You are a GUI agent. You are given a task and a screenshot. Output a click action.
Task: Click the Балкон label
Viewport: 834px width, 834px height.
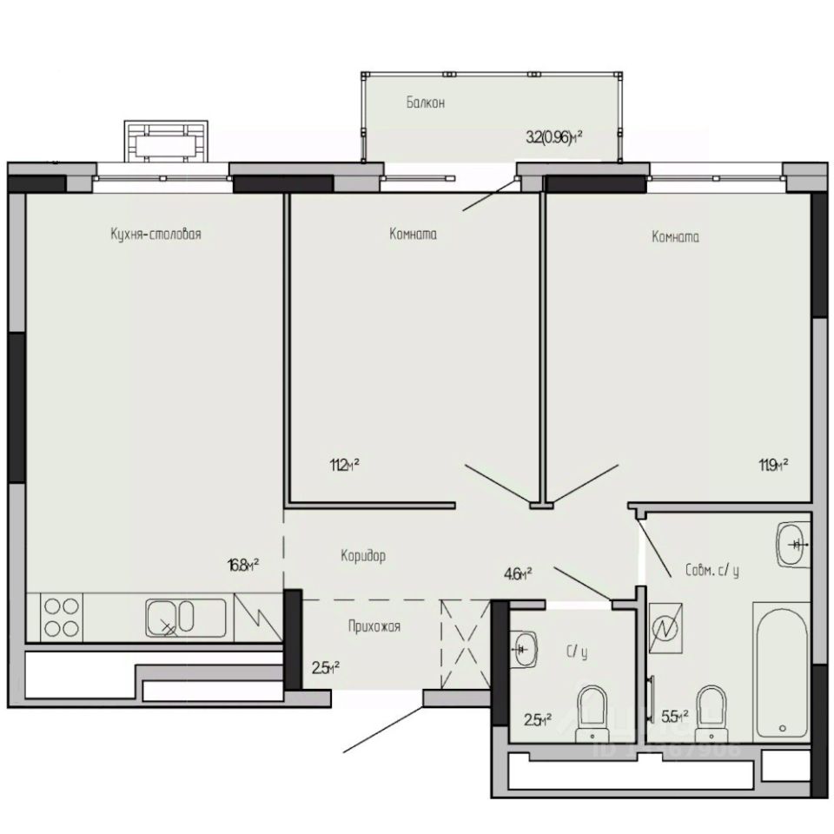click(425, 103)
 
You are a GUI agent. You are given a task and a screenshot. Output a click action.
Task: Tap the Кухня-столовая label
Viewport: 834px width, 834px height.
click(156, 234)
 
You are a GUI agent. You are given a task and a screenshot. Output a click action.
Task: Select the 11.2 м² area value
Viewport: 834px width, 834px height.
click(344, 466)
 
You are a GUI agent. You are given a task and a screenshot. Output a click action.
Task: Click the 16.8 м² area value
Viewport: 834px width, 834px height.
click(243, 566)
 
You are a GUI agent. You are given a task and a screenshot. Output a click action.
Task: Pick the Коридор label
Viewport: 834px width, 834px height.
click(362, 555)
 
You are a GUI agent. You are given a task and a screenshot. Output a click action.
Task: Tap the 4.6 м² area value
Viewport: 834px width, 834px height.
click(517, 573)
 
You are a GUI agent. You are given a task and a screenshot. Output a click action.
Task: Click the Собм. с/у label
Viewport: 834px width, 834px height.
click(712, 571)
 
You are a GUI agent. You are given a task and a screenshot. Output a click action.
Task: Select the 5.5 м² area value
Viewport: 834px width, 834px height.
click(675, 717)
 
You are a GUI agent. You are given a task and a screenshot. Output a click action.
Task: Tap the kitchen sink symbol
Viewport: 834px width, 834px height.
click(186, 617)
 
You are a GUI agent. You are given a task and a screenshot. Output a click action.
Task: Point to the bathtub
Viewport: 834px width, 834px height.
click(782, 669)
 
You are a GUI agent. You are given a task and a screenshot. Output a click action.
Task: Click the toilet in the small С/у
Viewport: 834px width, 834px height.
click(592, 711)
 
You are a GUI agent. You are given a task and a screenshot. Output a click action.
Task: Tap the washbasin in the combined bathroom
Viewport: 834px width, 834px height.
click(792, 545)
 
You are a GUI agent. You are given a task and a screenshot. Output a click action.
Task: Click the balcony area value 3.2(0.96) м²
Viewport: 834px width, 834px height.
click(553, 136)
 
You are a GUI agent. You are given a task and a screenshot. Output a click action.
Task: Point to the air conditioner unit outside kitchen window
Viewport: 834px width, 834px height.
click(165, 139)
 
